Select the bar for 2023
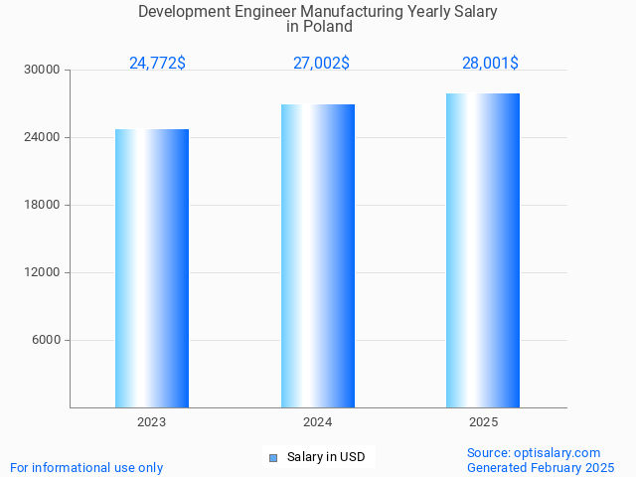pyautogui.click(x=152, y=268)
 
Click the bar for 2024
pyautogui.click(x=318, y=255)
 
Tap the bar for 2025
pyautogui.click(x=483, y=250)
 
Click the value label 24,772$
pyautogui.click(x=157, y=64)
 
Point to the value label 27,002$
pyautogui.click(x=321, y=64)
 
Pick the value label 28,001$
pyautogui.click(x=490, y=64)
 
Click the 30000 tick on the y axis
pyautogui.click(x=42, y=71)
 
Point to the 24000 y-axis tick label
pyautogui.click(x=42, y=138)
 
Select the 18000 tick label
pyautogui.click(x=42, y=206)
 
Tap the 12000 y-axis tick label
pyautogui.click(x=42, y=273)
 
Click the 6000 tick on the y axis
pyautogui.click(x=45, y=341)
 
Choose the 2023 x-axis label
pyautogui.click(x=152, y=422)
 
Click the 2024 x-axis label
pyautogui.click(x=318, y=422)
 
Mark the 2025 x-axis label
pyautogui.click(x=483, y=422)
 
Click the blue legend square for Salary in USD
pyautogui.click(x=273, y=458)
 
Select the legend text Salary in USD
pyautogui.click(x=326, y=458)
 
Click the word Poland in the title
pyautogui.click(x=329, y=27)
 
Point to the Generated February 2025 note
pyautogui.click(x=541, y=468)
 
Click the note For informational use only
pyautogui.click(x=86, y=468)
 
